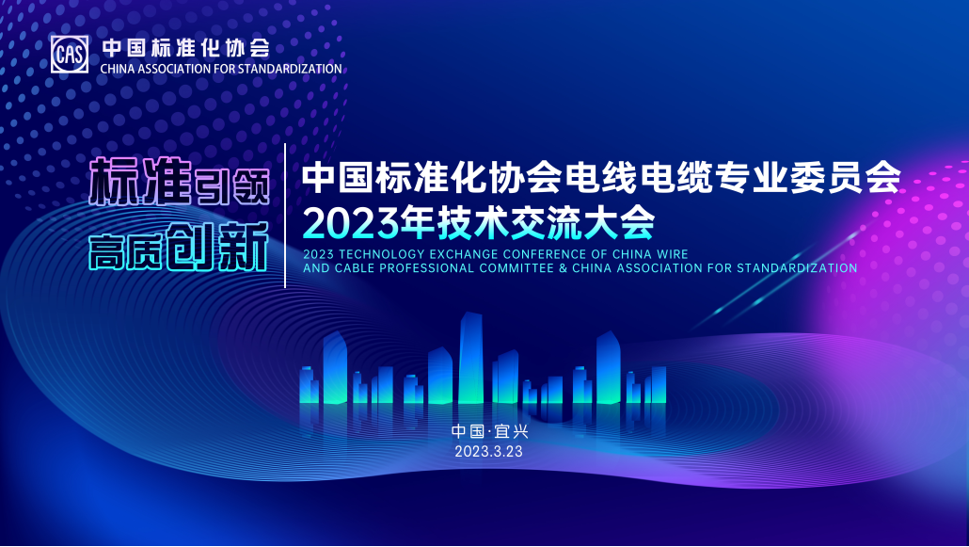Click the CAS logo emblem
click(x=70, y=55)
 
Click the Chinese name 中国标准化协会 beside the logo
click(x=185, y=47)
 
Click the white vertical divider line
click(x=285, y=217)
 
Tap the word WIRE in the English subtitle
click(x=673, y=254)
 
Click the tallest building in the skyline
click(x=470, y=358)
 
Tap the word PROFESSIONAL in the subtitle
click(x=429, y=268)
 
